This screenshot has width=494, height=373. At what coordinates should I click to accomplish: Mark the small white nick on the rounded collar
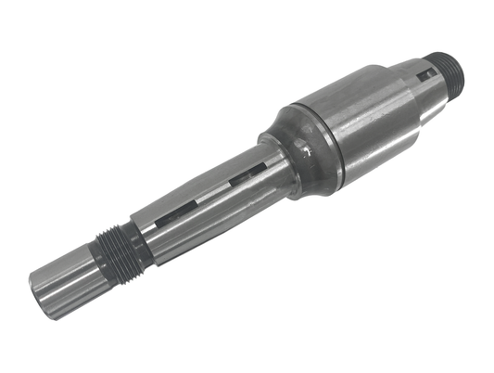point(306,146)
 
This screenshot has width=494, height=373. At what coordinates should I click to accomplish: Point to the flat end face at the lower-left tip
point(39,295)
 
